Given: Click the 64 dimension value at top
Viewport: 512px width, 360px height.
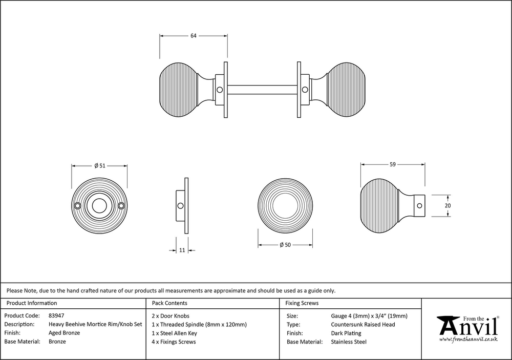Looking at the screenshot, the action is pos(194,36).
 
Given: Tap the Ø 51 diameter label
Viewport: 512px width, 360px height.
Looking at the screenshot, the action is pos(100,165).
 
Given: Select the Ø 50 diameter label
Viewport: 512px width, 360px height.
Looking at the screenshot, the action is pos(285,245).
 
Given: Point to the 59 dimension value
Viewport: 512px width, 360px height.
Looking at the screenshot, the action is pos(393,164).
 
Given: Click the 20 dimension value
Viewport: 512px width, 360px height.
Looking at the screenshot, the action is pos(447,205).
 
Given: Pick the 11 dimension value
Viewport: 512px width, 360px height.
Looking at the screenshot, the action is pos(182,250).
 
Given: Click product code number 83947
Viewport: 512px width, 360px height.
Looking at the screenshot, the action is pos(56,315).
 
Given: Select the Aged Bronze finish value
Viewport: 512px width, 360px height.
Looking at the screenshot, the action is pos(65,333).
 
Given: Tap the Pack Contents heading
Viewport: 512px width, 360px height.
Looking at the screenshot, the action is pos(169,303).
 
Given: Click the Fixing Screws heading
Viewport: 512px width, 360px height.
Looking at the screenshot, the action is pos(302,303).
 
